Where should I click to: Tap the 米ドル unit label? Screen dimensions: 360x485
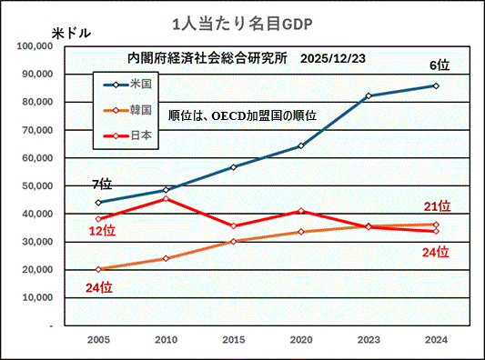(x=71, y=33)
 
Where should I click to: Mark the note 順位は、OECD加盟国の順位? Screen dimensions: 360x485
(x=243, y=115)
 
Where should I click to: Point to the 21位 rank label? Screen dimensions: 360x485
(x=438, y=206)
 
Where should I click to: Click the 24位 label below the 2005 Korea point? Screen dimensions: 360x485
(x=98, y=287)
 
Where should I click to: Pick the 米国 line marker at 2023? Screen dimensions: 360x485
(x=369, y=95)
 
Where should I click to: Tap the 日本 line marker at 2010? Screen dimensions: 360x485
(x=166, y=198)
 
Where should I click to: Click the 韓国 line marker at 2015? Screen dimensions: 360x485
(x=233, y=241)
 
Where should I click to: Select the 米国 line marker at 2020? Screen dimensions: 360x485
(x=301, y=145)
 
